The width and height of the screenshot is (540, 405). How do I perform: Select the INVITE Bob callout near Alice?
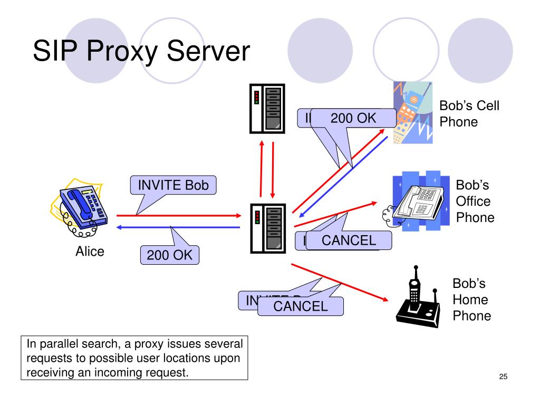173,185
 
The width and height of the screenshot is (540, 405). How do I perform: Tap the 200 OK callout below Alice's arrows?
169,256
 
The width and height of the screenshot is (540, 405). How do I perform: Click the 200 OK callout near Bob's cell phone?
353,119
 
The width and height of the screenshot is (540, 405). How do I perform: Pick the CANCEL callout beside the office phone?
349,240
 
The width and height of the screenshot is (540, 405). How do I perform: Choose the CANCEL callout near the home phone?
300,306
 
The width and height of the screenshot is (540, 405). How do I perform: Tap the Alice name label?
90,252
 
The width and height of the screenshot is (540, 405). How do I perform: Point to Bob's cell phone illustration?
412,112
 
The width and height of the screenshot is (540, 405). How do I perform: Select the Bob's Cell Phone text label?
469,114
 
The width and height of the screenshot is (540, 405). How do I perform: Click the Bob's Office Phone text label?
475,201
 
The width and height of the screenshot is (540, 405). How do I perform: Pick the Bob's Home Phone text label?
471,300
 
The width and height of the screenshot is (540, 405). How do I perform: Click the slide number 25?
503,377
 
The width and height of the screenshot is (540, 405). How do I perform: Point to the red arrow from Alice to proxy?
178,216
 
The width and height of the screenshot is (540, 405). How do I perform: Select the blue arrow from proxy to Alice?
178,227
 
